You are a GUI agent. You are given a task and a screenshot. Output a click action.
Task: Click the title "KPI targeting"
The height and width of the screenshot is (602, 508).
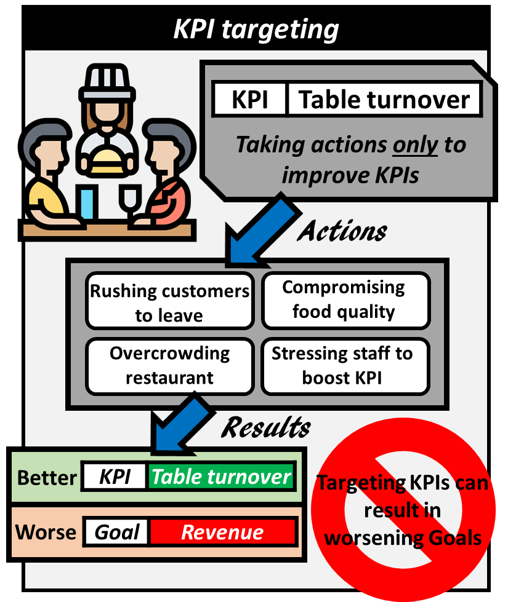click(256, 29)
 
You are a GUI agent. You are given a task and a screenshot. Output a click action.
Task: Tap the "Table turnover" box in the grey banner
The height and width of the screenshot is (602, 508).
click(384, 100)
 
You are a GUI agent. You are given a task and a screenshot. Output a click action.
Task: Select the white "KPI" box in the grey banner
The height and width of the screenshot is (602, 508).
click(249, 100)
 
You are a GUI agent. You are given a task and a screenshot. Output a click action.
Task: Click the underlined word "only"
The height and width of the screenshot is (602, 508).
click(414, 145)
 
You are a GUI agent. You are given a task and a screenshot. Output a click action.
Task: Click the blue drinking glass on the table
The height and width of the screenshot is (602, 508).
click(87, 205)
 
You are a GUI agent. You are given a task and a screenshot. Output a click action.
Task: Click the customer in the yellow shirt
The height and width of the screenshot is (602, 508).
click(46, 184)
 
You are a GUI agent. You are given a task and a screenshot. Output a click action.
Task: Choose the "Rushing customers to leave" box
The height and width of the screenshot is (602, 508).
click(169, 303)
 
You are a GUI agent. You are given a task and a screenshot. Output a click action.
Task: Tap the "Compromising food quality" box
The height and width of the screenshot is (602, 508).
click(344, 299)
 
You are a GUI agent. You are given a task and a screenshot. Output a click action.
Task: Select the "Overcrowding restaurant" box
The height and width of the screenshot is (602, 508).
click(169, 365)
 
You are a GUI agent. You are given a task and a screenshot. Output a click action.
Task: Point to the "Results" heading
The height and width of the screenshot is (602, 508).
click(266, 427)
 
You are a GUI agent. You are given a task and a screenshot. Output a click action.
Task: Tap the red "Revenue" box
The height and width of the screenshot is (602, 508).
click(222, 532)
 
